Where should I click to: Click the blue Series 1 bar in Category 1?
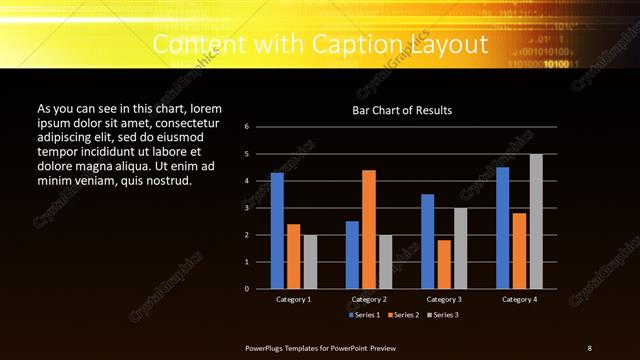coord(277,231)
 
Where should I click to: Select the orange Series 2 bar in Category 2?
coord(369,229)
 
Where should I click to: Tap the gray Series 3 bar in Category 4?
coord(536,221)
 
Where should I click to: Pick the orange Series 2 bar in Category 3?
coord(444,264)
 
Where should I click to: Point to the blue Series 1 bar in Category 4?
coord(503,228)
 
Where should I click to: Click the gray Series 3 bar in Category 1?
coord(310,262)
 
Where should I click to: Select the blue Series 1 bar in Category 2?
coord(352,255)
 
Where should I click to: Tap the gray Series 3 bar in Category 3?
coord(460,248)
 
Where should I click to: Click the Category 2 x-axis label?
coord(368,299)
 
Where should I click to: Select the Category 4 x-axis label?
coord(519,299)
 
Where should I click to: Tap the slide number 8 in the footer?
coord(589,347)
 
